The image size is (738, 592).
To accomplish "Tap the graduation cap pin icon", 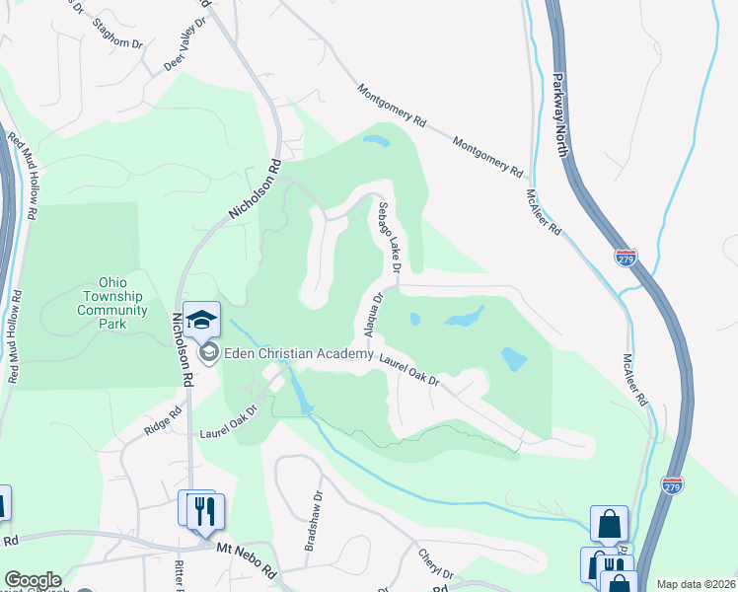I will click(x=202, y=320).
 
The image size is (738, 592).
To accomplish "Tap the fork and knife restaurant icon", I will click(x=206, y=510).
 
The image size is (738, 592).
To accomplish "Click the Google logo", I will click(x=32, y=580).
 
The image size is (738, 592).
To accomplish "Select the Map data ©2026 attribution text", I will click(x=696, y=584).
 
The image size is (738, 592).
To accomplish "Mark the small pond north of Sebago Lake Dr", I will click(x=376, y=140).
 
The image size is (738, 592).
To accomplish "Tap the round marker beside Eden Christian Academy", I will click(x=208, y=352).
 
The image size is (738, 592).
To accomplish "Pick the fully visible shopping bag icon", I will click(x=609, y=523).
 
